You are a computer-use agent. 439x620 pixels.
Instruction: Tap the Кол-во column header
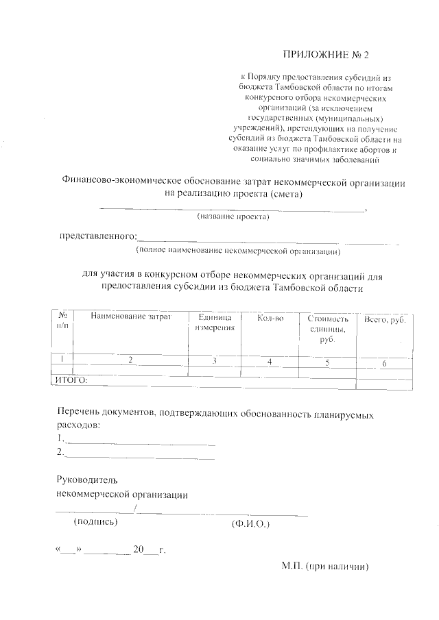click(x=270, y=318)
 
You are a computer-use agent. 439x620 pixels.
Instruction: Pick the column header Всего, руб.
click(x=385, y=319)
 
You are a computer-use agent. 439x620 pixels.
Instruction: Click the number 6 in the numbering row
click(x=385, y=363)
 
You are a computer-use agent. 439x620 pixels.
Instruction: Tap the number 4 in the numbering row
click(x=270, y=361)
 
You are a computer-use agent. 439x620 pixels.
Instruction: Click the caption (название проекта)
click(x=233, y=217)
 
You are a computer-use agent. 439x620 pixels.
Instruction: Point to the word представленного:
click(x=97, y=236)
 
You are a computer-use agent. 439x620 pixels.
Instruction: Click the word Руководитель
click(x=80, y=480)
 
